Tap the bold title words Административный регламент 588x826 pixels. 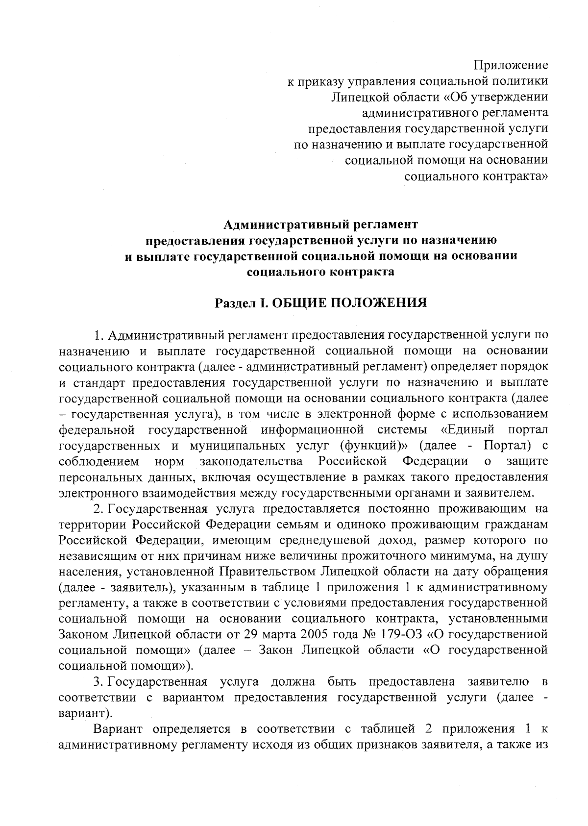(321, 225)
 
